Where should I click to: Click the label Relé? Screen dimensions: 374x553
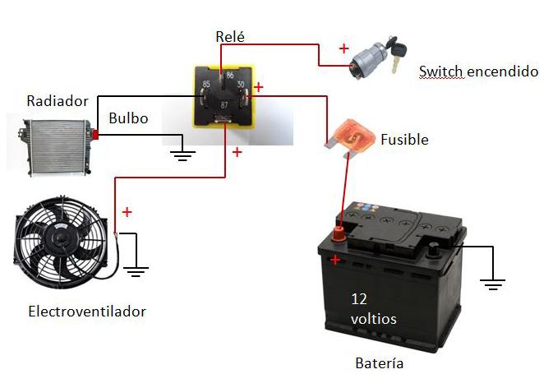tap(230, 36)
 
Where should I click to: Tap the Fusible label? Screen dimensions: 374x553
tap(404, 140)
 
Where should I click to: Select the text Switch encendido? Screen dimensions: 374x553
tap(478, 72)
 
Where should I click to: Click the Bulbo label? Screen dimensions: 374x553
tap(128, 118)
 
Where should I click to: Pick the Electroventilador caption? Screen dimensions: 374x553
tap(87, 312)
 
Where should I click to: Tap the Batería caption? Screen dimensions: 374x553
tap(380, 362)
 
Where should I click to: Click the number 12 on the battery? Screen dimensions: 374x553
tap(359, 298)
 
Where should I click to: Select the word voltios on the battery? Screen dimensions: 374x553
tap(374, 318)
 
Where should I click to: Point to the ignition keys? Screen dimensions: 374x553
tap(401, 52)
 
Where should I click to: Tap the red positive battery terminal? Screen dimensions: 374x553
tap(337, 236)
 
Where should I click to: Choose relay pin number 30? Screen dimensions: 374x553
tap(241, 85)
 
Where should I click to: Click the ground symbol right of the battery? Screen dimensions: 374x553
tap(493, 284)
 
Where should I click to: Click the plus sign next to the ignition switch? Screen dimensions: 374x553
tap(343, 48)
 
